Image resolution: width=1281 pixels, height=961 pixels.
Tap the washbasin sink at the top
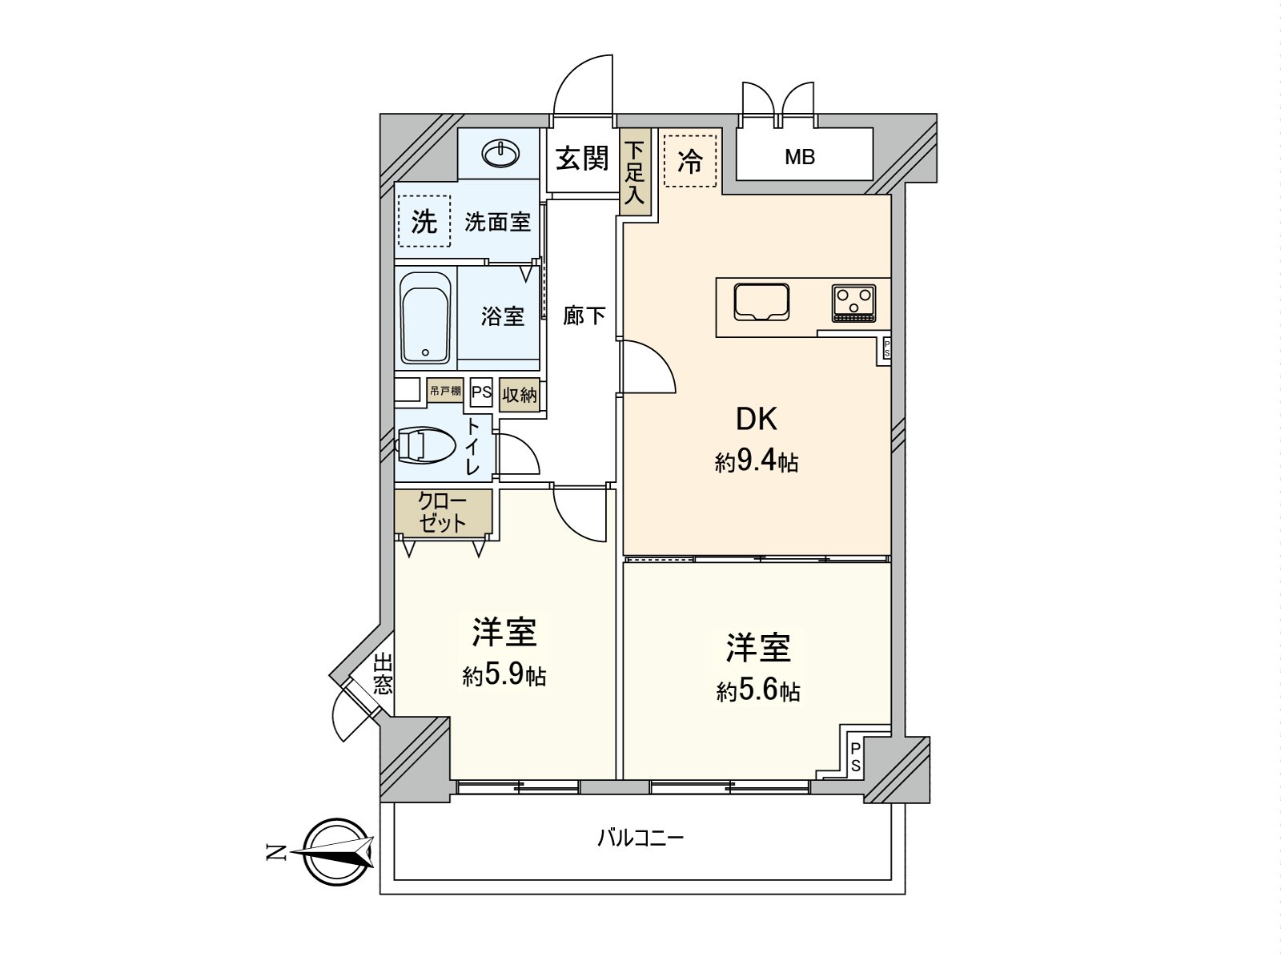(x=500, y=153)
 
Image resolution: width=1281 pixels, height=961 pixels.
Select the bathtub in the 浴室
(x=425, y=319)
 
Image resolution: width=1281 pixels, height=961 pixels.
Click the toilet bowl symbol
(x=424, y=446)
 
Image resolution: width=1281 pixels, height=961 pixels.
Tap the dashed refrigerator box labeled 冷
(x=689, y=161)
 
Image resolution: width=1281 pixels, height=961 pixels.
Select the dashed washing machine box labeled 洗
(x=424, y=222)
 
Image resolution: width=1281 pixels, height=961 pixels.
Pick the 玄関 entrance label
(x=582, y=159)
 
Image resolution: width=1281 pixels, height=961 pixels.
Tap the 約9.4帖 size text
(x=756, y=462)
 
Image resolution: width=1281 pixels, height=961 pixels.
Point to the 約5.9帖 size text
(x=504, y=676)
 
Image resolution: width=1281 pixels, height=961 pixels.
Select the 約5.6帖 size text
(x=757, y=690)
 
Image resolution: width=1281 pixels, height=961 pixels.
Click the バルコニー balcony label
(x=640, y=838)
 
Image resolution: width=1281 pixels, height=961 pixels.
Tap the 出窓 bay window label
(x=383, y=674)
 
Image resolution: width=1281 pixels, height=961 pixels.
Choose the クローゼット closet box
(x=443, y=513)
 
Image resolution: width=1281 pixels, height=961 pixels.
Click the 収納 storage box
(x=519, y=395)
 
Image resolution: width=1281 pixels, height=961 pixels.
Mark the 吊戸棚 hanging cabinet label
(x=445, y=391)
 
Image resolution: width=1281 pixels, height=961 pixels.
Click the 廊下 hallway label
(x=584, y=316)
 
